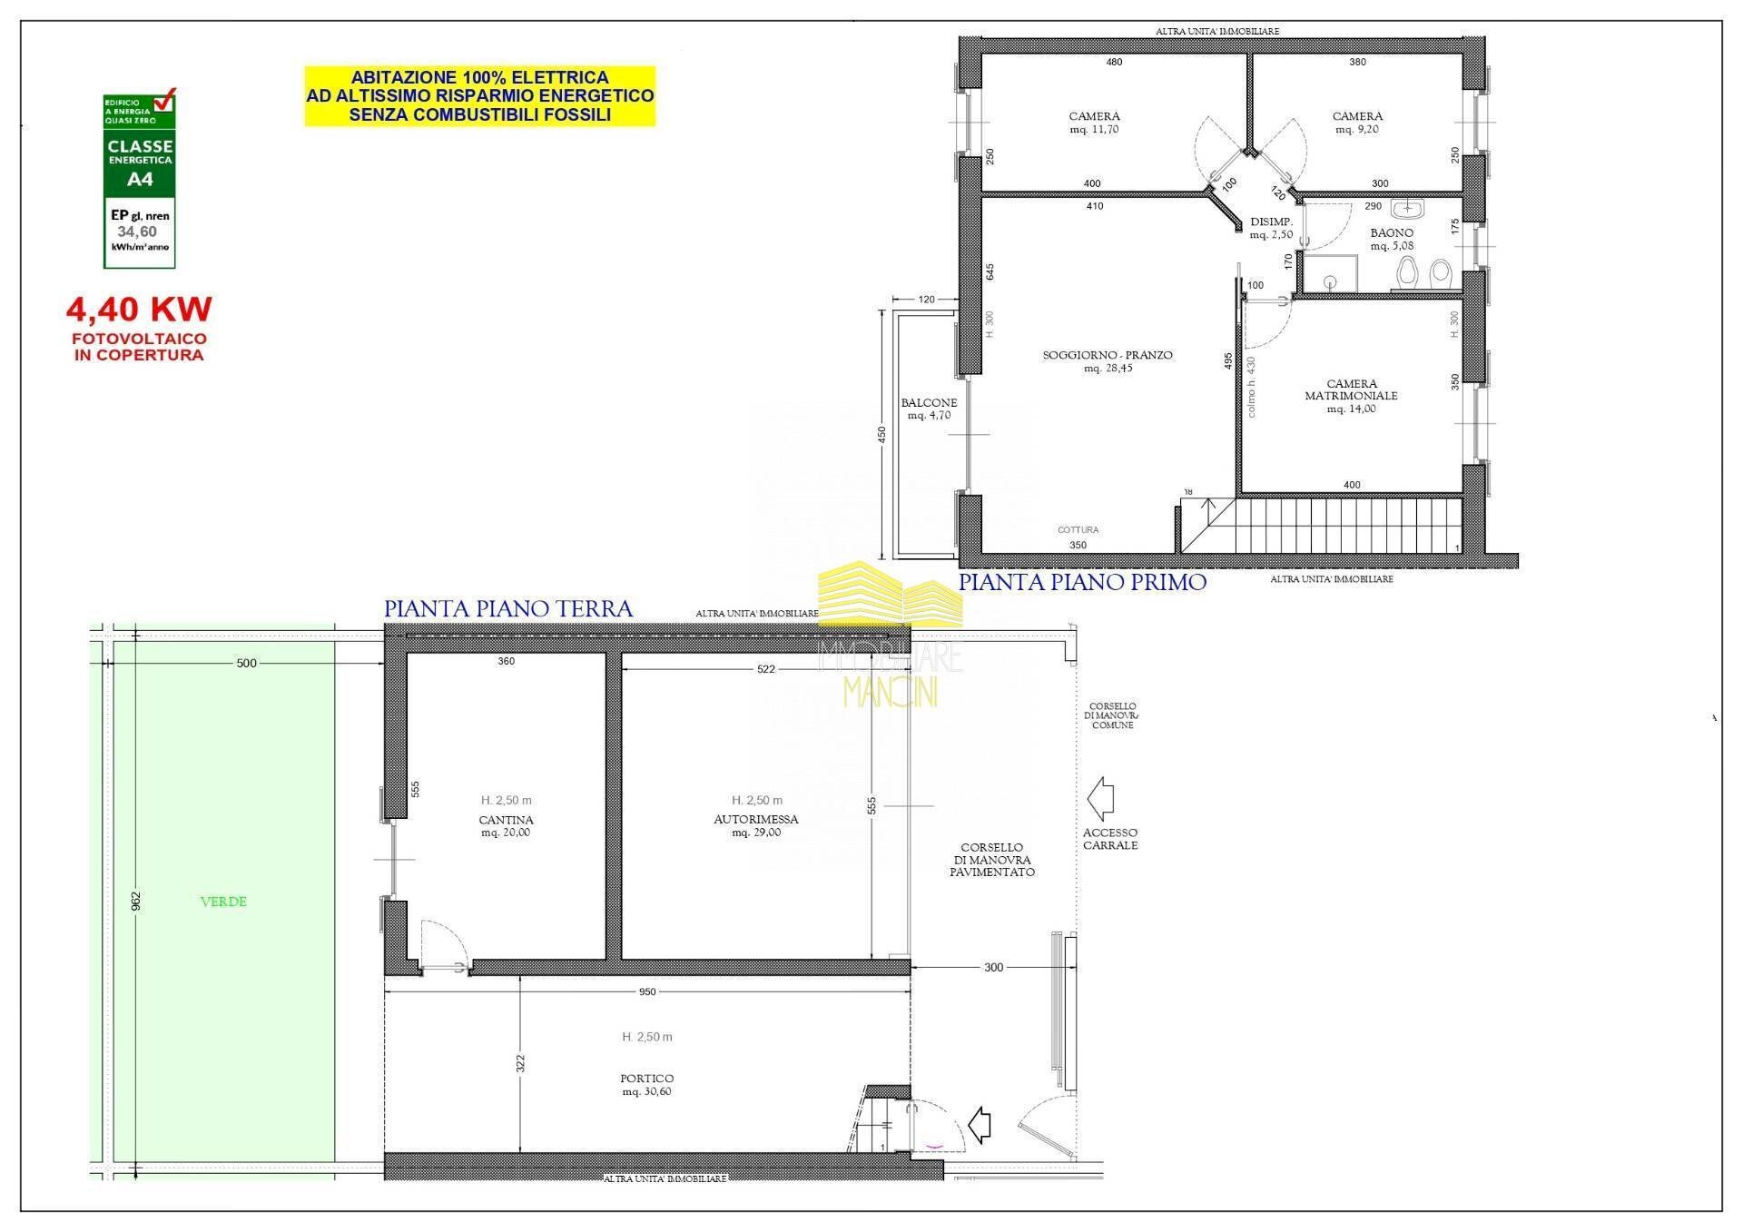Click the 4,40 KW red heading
[139, 310]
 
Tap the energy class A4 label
[140, 179]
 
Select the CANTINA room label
[506, 820]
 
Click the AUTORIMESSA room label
[755, 819]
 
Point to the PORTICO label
[646, 1079]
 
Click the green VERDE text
[223, 902]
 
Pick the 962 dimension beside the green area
[136, 901]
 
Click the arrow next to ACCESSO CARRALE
[1100, 799]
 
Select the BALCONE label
[929, 403]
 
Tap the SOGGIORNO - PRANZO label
[1108, 355]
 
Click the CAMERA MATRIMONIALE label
[1351, 389]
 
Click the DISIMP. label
[1271, 222]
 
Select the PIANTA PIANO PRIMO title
[1082, 582]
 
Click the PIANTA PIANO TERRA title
[508, 608]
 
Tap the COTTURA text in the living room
[1078, 529]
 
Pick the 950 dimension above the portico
[646, 992]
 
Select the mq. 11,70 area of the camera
[1094, 130]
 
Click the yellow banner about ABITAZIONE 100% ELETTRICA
[479, 96]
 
